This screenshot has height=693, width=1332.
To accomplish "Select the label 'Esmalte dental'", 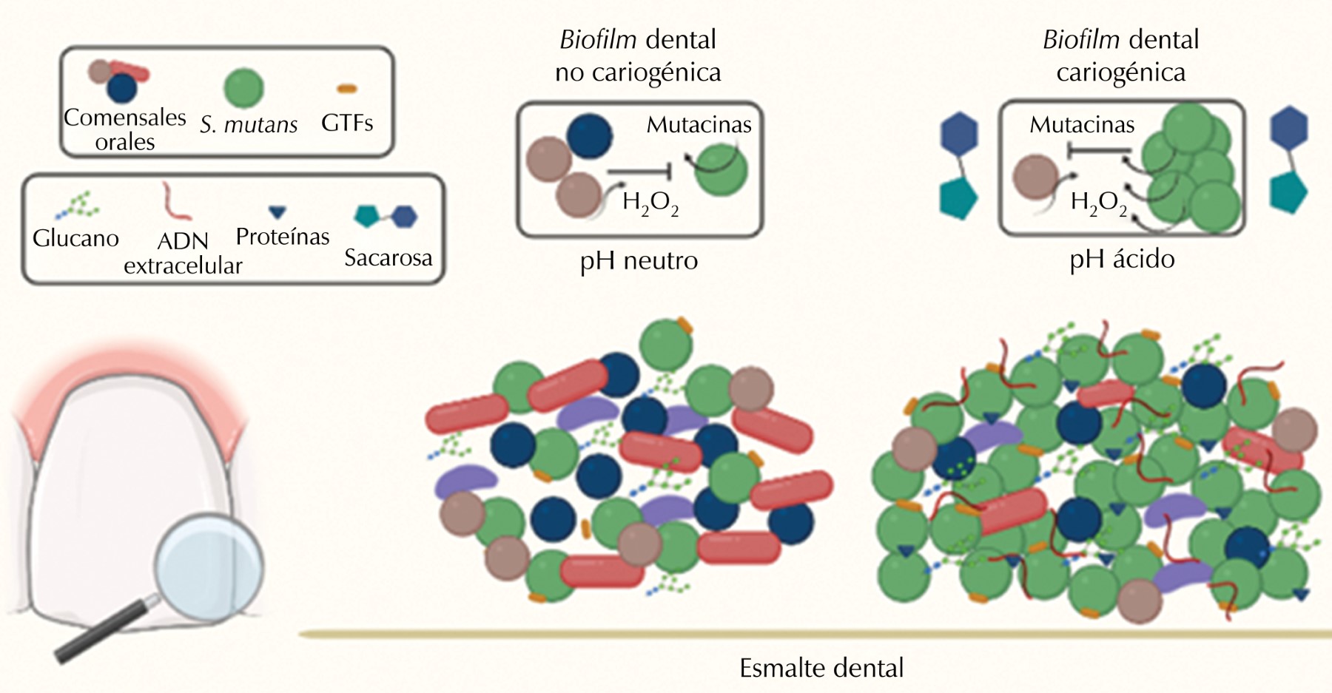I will (x=821, y=668).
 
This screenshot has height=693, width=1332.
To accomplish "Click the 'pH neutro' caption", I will (x=639, y=260).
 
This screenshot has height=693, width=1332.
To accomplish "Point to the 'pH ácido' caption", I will (x=1122, y=259).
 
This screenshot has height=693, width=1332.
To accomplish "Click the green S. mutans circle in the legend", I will (x=243, y=88).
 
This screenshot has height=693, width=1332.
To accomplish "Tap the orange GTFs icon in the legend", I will (x=347, y=89).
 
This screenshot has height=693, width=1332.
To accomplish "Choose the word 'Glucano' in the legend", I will (x=75, y=238).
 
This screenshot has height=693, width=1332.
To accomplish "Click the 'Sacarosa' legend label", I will (x=388, y=257).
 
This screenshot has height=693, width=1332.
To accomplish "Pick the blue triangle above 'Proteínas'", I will (x=277, y=213).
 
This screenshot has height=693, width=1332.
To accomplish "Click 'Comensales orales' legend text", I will (x=124, y=129).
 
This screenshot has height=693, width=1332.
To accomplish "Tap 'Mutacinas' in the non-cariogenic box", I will (x=699, y=125).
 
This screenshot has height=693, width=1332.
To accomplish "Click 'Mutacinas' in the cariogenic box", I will (x=1082, y=125).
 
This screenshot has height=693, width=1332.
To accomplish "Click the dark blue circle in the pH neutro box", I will (x=590, y=136).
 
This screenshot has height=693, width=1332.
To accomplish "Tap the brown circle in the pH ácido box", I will (x=1035, y=177).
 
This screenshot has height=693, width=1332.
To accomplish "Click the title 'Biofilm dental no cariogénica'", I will (x=638, y=55).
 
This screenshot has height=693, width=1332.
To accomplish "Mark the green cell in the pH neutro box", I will (x=720, y=169).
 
